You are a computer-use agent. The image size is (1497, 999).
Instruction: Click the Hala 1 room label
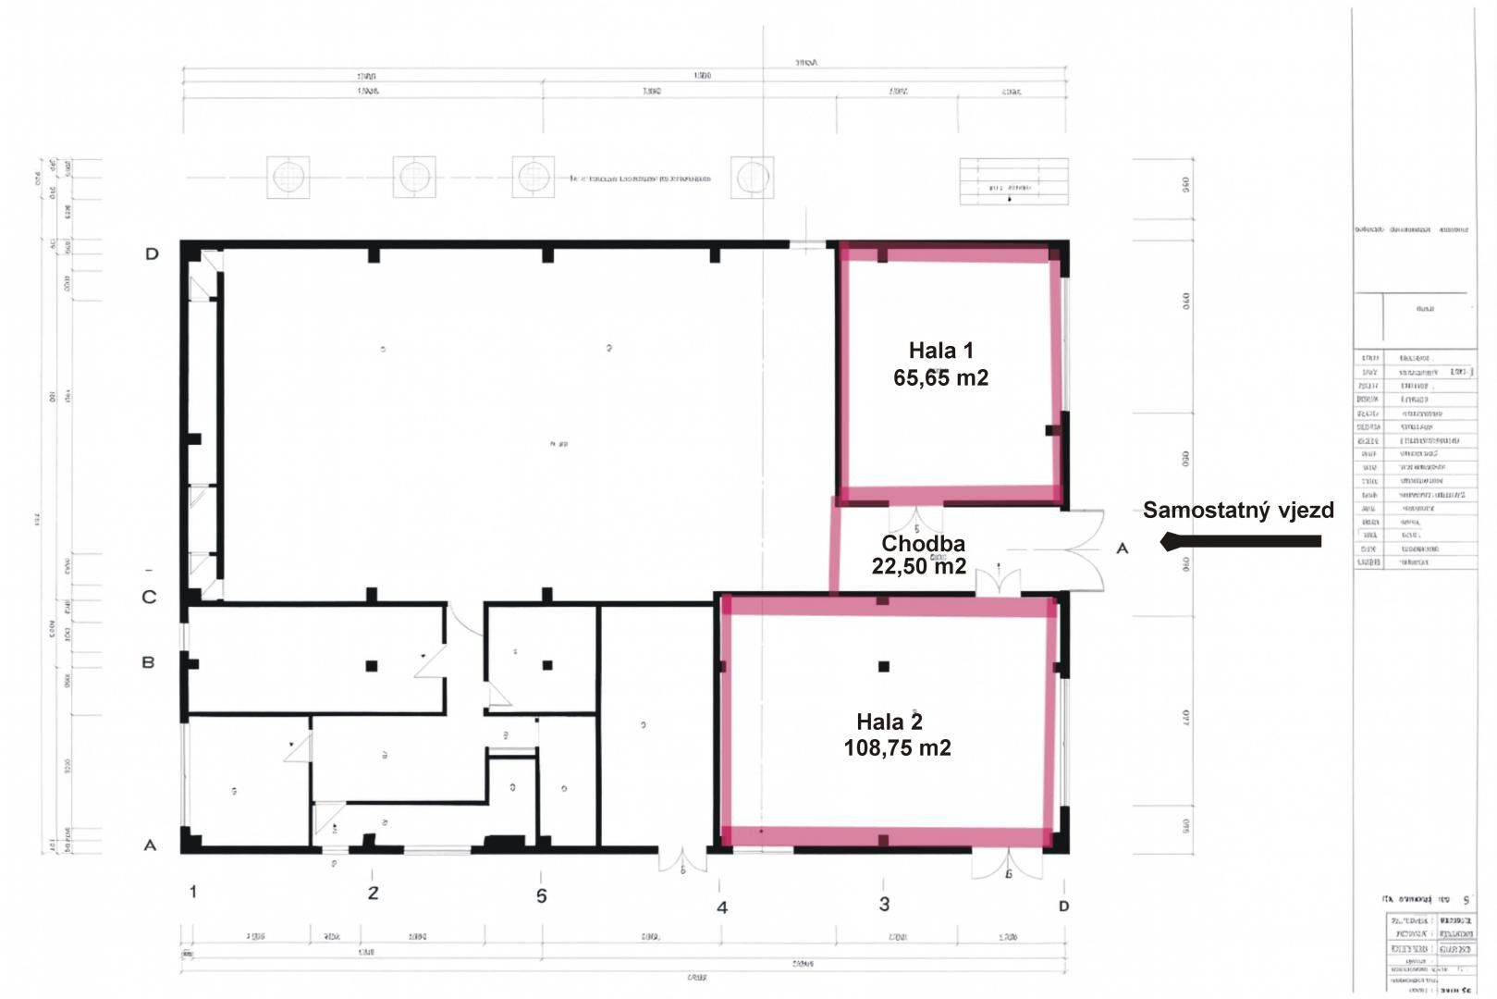pos(940,351)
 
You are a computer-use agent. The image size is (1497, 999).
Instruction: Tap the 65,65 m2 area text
pos(940,377)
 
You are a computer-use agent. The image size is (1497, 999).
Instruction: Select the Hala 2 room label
pos(889,721)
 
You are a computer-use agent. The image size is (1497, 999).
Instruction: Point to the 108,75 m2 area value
pos(897,747)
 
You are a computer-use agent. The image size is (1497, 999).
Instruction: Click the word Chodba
pos(923,544)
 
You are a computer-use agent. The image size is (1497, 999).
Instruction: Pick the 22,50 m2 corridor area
pos(918,566)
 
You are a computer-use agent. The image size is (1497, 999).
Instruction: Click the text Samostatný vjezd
pos(1238,510)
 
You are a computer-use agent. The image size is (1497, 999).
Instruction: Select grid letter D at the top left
pos(152,253)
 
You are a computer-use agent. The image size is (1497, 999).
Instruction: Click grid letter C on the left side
pos(149,598)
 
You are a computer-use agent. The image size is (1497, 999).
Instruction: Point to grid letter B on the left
pos(148,662)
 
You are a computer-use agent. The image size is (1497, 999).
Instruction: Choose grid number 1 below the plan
pos(192,892)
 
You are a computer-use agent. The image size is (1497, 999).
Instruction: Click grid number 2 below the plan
pos(373,894)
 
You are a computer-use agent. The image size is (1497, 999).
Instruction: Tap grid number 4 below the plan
pos(722,907)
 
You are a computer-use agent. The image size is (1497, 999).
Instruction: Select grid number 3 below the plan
pos(884,904)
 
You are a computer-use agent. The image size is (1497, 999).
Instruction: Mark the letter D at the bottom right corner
pos(1063,906)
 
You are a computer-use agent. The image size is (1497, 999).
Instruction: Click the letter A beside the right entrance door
pos(1123,549)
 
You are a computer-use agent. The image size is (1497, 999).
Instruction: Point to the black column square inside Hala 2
pos(884,666)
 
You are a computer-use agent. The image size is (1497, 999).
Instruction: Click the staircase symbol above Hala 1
pos(1013,181)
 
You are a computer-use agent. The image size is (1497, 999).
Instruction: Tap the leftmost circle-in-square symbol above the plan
pos(288,177)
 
